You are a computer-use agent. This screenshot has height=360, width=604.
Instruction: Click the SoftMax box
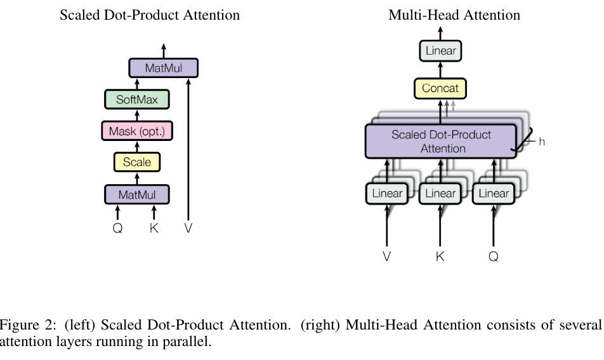[x=137, y=100]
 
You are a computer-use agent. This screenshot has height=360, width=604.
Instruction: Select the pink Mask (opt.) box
[x=137, y=131]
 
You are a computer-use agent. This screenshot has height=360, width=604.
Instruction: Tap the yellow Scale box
[x=137, y=162]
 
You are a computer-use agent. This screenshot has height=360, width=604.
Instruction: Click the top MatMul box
[x=164, y=68]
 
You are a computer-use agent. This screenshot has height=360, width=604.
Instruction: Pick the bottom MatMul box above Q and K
[x=137, y=195]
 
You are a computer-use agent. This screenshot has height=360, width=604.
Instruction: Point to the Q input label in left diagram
[x=117, y=228]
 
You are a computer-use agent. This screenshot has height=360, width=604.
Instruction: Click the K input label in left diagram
[x=154, y=228]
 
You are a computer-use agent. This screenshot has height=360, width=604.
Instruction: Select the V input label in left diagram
[x=188, y=228]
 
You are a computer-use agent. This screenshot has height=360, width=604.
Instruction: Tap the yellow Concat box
[x=440, y=88]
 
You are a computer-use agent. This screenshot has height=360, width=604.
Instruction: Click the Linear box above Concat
[x=441, y=51]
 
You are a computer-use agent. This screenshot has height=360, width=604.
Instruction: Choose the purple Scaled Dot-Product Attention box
[x=441, y=142]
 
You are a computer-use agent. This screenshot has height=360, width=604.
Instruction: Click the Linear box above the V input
[x=387, y=193]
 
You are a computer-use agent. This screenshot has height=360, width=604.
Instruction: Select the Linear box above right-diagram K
[x=440, y=193]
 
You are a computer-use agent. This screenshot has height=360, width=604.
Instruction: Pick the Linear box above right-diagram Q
[x=494, y=193]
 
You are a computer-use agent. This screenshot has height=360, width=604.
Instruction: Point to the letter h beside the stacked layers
[x=542, y=142]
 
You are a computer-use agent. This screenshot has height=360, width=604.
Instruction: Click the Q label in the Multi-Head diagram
[x=494, y=257]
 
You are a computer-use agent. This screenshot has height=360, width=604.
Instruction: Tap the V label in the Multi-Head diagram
[x=387, y=257]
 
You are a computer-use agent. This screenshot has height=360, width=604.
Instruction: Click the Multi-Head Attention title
[x=454, y=15]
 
